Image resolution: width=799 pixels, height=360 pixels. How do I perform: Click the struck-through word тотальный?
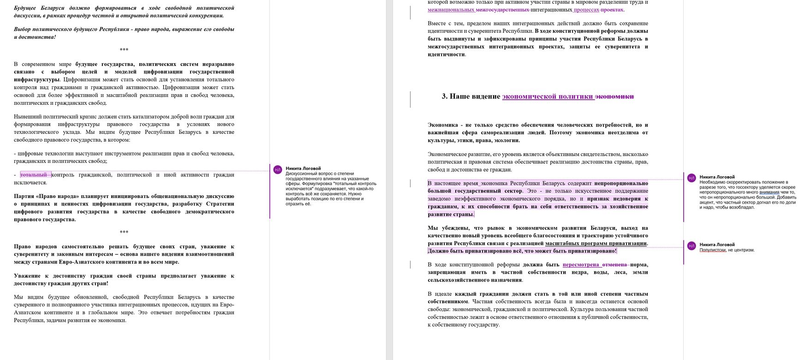pos(34,175)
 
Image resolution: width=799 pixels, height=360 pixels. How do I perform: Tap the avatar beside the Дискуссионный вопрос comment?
pos(278,170)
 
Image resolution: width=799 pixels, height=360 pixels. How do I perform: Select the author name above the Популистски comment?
pos(717,245)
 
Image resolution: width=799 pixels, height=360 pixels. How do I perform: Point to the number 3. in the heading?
pos(445,96)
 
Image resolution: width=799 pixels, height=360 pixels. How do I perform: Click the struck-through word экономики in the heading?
pos(614,96)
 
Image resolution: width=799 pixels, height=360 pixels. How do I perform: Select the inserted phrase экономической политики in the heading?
pos(547,96)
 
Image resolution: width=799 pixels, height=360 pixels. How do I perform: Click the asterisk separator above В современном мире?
pos(124,50)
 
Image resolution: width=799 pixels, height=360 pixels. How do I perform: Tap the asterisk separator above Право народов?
pos(124,232)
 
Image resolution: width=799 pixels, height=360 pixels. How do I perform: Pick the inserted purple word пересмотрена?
pos(580,265)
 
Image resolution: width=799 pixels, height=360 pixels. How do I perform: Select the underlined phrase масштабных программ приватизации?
pos(596,243)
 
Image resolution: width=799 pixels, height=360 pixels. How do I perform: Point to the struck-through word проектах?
pos(612,10)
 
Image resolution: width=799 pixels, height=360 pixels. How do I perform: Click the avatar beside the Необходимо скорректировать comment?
pos(692,178)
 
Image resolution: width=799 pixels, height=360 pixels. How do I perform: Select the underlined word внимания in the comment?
pos(769,192)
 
